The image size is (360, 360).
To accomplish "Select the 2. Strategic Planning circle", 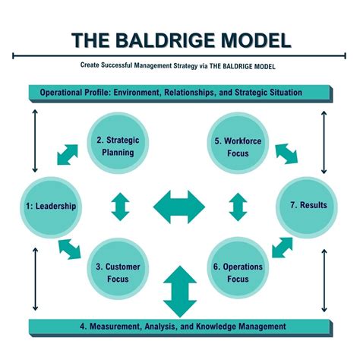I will (x=115, y=146).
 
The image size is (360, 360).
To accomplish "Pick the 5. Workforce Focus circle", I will (x=239, y=146).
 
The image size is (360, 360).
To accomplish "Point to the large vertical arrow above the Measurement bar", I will (x=179, y=291).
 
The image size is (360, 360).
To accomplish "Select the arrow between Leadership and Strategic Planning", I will (x=67, y=154).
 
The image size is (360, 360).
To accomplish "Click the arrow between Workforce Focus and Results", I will (x=286, y=154).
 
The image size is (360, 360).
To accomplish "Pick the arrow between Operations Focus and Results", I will (x=282, y=247).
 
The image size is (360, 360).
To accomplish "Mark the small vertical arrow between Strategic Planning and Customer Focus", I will (x=120, y=207).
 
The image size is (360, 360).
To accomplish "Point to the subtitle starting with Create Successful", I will (x=180, y=65).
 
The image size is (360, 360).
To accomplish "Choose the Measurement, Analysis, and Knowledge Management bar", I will (x=180, y=327).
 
